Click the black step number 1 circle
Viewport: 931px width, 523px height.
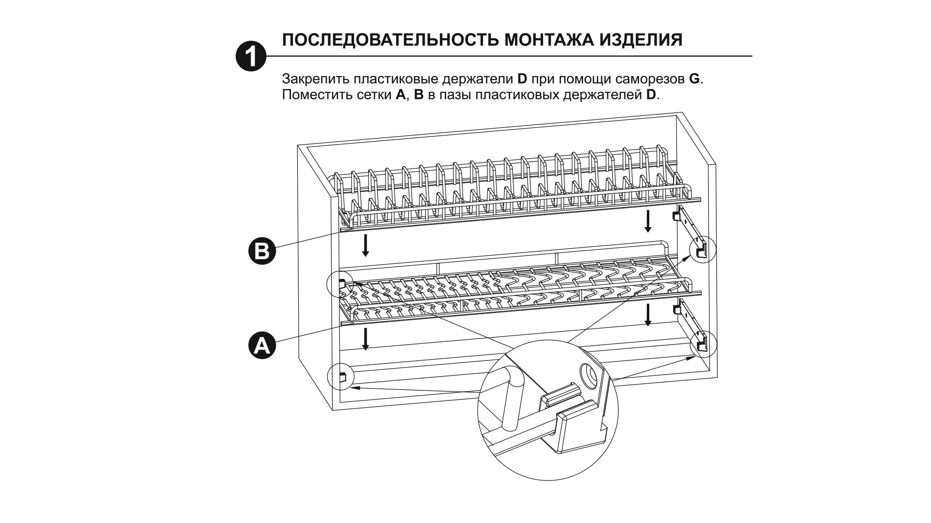251,57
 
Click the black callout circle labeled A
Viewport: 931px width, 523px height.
262,345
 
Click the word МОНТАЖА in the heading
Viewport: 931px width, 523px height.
547,40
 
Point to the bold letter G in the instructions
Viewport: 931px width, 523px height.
694,79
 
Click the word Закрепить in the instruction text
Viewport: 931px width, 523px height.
316,79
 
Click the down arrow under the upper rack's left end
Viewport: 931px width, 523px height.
366,245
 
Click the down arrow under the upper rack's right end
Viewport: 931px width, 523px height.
647,221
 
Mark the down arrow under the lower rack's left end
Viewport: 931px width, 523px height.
366,338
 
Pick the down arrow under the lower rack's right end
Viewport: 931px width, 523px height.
647,315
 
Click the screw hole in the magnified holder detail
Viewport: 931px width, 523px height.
589,373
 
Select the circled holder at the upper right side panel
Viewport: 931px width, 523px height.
702,250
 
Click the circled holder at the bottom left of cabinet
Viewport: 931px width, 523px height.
340,376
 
